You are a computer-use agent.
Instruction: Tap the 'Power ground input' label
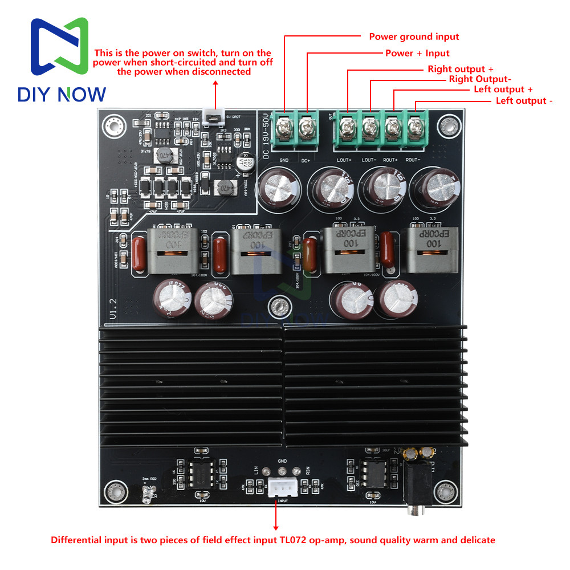(414, 36)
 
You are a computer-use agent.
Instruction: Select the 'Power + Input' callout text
(417, 53)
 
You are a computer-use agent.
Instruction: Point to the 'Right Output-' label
(480, 79)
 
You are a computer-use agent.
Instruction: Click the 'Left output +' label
(503, 89)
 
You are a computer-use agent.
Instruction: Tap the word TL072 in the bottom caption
(294, 540)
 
